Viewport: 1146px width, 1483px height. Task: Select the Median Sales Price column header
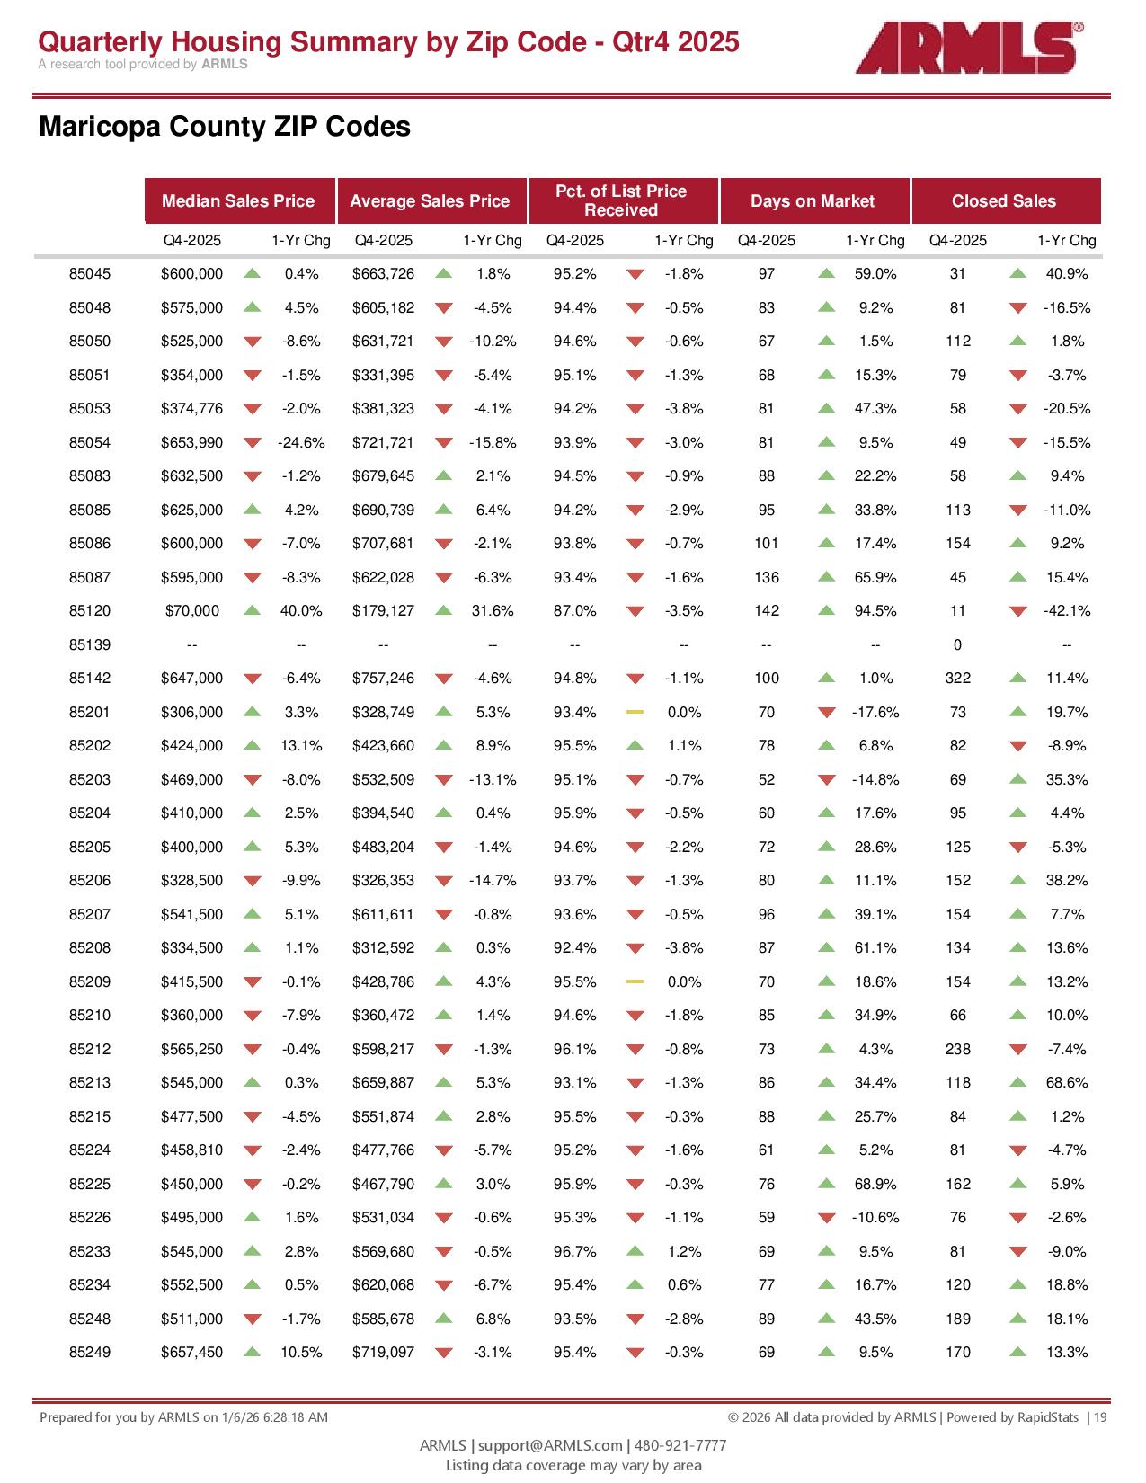click(x=238, y=201)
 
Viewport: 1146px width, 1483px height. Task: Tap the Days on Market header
click(x=812, y=201)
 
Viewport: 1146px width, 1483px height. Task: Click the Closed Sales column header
click(x=1004, y=201)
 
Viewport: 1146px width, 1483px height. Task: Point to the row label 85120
click(x=90, y=611)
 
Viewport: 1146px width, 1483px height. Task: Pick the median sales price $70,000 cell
click(x=192, y=611)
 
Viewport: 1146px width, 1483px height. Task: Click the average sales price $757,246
click(x=384, y=679)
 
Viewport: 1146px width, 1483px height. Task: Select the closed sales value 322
click(x=958, y=679)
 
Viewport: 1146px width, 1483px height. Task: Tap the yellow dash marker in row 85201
click(x=635, y=712)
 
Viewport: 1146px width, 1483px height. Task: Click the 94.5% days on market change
click(x=875, y=611)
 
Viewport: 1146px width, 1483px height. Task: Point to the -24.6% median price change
click(x=301, y=443)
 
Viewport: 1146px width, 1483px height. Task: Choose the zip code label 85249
click(x=90, y=1353)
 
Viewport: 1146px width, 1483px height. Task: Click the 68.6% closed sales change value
click(x=1067, y=1083)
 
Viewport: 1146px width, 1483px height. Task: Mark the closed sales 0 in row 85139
click(x=957, y=645)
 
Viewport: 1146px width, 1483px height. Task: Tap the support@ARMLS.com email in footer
click(x=550, y=1445)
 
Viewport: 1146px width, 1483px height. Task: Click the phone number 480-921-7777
click(x=680, y=1445)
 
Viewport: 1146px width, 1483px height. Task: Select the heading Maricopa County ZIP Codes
click(x=225, y=127)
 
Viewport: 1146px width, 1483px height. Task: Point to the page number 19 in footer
click(x=1100, y=1417)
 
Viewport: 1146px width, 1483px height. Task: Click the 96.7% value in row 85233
click(x=575, y=1251)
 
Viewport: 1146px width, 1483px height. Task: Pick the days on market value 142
click(x=767, y=611)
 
